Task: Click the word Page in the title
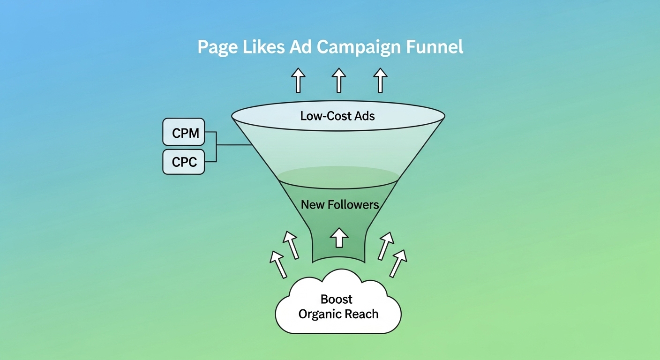click(x=217, y=48)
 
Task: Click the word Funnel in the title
click(x=435, y=48)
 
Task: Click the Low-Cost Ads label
click(x=337, y=116)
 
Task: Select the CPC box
click(x=184, y=162)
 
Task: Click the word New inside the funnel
click(x=313, y=205)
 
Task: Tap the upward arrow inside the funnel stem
click(x=338, y=237)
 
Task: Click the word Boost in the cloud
click(x=337, y=300)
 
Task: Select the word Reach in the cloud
click(x=362, y=314)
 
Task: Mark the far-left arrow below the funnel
click(x=278, y=264)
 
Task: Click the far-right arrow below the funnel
click(x=398, y=263)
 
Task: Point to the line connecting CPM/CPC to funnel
click(x=234, y=145)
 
